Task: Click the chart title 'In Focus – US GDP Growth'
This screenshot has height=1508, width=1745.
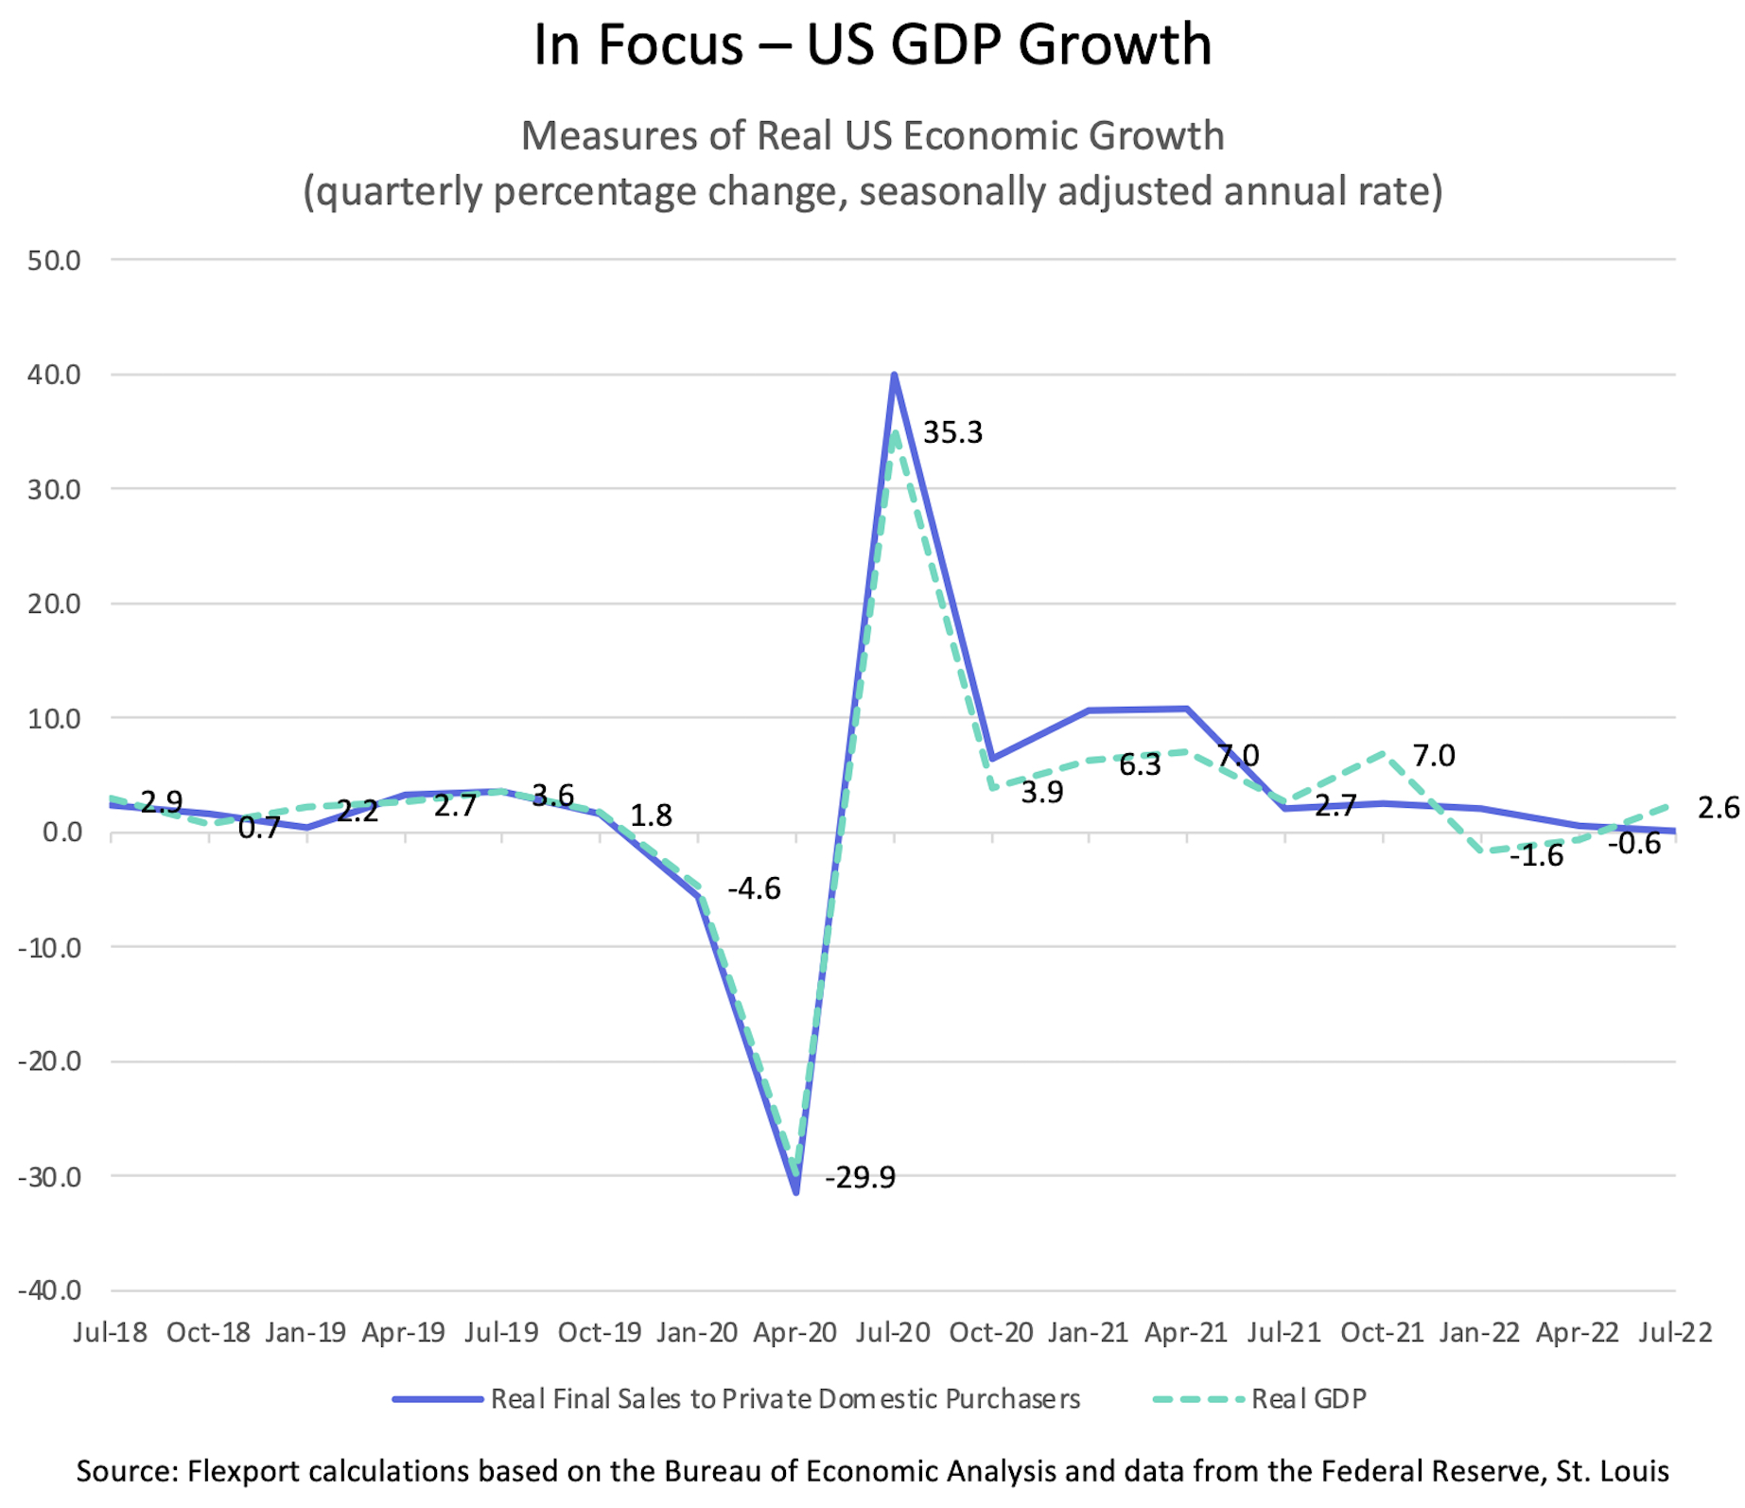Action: (x=872, y=44)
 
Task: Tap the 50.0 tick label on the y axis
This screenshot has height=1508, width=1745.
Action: (x=53, y=260)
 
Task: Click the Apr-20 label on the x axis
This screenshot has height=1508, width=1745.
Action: (x=794, y=1333)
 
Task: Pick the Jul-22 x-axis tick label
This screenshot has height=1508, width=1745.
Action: (x=1675, y=1333)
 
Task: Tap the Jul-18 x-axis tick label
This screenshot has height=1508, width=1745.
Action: (x=111, y=1333)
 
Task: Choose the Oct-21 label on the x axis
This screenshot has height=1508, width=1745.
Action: (x=1382, y=1333)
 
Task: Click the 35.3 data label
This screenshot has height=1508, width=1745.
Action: (x=952, y=433)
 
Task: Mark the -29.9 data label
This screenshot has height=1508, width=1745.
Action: (x=860, y=1178)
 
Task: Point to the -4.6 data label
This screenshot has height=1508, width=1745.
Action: (x=754, y=889)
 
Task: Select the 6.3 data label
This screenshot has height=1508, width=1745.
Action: (x=1140, y=765)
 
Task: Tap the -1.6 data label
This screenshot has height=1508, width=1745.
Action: (x=1536, y=856)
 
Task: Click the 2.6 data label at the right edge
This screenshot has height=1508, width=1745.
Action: (x=1718, y=808)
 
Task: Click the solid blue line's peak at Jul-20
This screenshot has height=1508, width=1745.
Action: (x=894, y=376)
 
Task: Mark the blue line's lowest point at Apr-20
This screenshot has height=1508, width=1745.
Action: (x=796, y=1192)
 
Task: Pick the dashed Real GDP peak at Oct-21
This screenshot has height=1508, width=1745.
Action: (x=1383, y=753)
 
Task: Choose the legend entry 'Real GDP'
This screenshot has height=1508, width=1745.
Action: (x=1308, y=1399)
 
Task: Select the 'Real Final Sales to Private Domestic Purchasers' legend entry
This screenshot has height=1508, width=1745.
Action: (x=784, y=1399)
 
